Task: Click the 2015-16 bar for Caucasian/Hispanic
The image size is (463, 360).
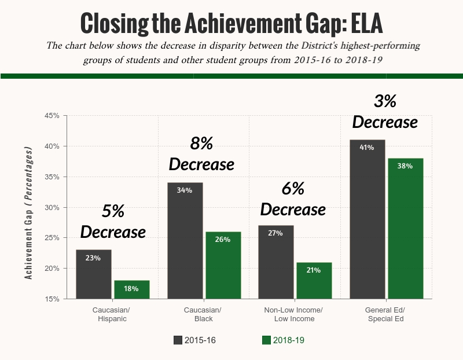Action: (93, 274)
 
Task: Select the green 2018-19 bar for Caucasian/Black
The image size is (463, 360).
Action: (223, 266)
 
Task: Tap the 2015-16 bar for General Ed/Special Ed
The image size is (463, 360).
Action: (368, 219)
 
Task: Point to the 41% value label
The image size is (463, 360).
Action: (367, 148)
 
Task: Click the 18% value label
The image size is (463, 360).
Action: (132, 289)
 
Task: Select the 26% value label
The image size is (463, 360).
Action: (223, 240)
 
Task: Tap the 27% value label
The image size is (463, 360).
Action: (275, 233)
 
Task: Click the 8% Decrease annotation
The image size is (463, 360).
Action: (201, 154)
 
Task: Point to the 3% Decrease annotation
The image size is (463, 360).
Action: (385, 112)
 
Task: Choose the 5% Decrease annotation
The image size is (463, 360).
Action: (113, 222)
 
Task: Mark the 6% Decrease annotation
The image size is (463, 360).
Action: (293, 199)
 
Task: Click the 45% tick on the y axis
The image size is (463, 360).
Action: (52, 116)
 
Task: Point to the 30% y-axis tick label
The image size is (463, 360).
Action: (52, 207)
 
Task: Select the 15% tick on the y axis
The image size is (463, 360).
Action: (52, 299)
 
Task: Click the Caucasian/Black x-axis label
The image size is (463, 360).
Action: (203, 314)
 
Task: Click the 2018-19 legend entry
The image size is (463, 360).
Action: (283, 340)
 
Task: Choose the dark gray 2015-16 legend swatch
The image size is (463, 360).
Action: (178, 340)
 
